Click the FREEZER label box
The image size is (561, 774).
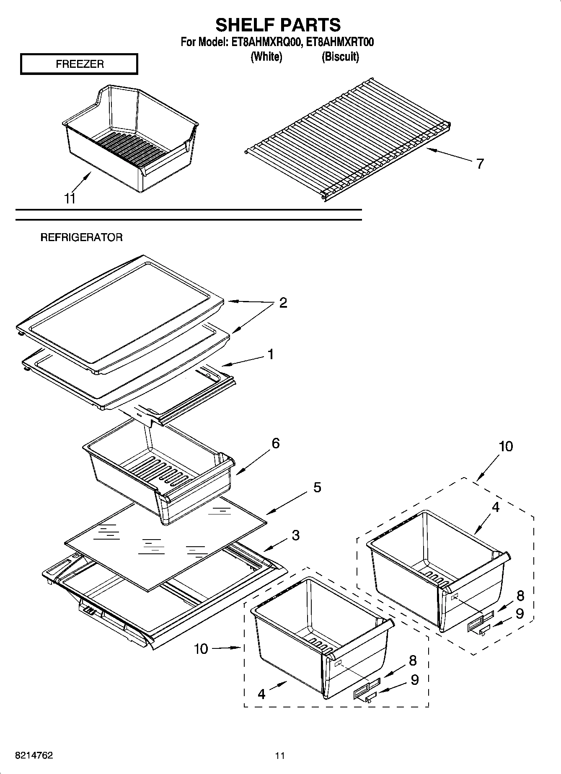coord(79,64)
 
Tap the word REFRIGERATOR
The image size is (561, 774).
coord(81,237)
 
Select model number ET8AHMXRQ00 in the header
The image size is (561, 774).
coord(263,42)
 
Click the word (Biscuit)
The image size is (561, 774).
coord(340,57)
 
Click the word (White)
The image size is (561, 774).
coord(266,57)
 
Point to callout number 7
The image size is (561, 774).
coord(480,163)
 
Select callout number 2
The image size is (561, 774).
coord(283,303)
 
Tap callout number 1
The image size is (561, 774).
coord(271,354)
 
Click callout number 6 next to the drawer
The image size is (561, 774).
coord(275,443)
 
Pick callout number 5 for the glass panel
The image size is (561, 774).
coord(317,487)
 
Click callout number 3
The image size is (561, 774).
coord(295,535)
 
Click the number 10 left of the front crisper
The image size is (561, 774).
coord(201,649)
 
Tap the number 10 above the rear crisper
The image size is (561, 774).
coord(506,446)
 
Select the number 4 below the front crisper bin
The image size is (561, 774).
coord(261,694)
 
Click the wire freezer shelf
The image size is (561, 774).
coord(348,138)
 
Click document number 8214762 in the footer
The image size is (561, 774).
coord(34,755)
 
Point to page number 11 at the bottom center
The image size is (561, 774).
coord(280,755)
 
